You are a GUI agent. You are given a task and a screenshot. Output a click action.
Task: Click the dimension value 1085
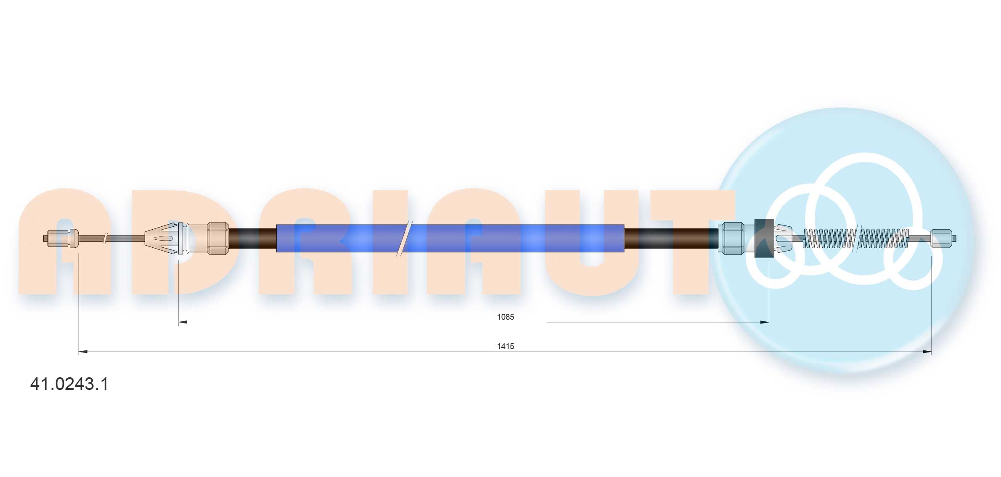506,317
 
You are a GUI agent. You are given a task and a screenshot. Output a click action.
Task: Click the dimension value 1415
506,346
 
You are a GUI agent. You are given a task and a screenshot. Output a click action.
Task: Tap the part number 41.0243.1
69,384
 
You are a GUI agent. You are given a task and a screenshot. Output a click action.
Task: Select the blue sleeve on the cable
450,238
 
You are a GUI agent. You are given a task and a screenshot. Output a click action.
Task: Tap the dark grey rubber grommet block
765,238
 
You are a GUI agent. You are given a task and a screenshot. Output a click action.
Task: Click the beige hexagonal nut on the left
218,238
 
